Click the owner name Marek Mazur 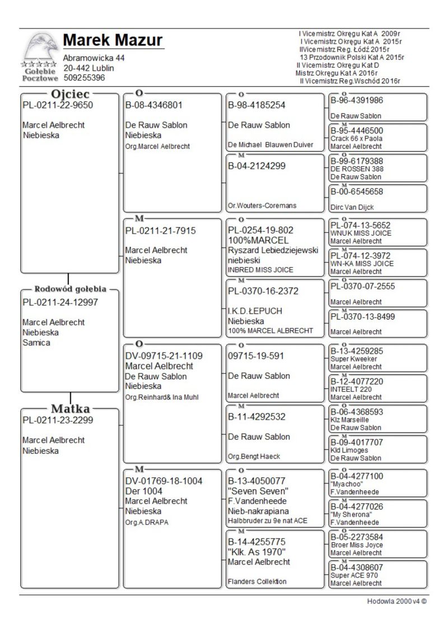coord(113,40)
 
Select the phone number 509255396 coord(84,78)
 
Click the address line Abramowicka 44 coord(94,58)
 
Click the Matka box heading coord(71,407)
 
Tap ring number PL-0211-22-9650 coord(58,105)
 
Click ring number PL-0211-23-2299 coord(58,420)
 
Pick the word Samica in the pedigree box coord(36,343)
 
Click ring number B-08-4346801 coord(154,105)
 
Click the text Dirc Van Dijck coord(352,207)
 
